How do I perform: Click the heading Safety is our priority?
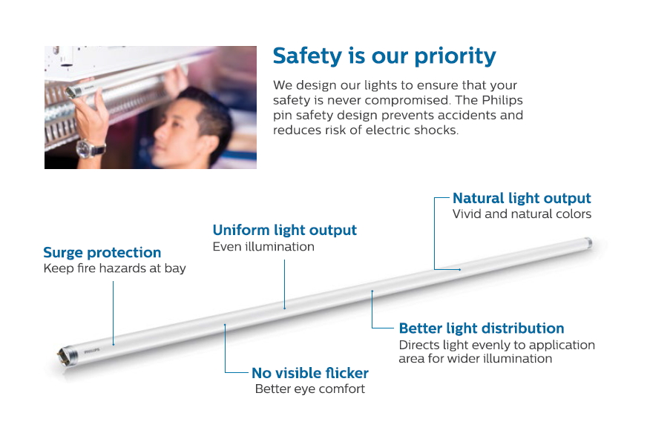[x=384, y=56]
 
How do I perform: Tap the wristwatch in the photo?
[x=91, y=149]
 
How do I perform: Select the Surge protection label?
[x=102, y=252]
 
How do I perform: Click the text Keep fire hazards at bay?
[x=115, y=268]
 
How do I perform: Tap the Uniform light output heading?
[x=285, y=230]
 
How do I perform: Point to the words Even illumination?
[x=263, y=247]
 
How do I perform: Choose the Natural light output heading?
[x=522, y=199]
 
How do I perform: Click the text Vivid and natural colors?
[x=522, y=214]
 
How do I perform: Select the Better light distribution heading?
[x=482, y=328]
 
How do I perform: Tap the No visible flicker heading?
[x=310, y=373]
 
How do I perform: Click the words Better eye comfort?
[x=310, y=389]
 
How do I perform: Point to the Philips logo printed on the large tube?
[x=91, y=351]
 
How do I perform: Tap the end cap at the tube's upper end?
[x=588, y=242]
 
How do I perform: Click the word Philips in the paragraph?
[x=502, y=100]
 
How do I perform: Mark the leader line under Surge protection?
[x=114, y=314]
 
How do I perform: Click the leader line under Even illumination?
[x=285, y=284]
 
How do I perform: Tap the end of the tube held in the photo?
[x=72, y=92]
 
